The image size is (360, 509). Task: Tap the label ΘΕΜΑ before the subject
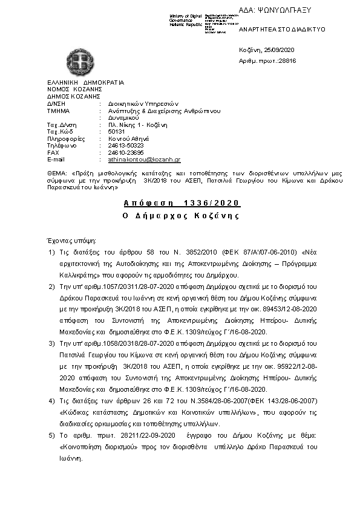56,173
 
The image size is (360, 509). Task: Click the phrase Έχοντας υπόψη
67,239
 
